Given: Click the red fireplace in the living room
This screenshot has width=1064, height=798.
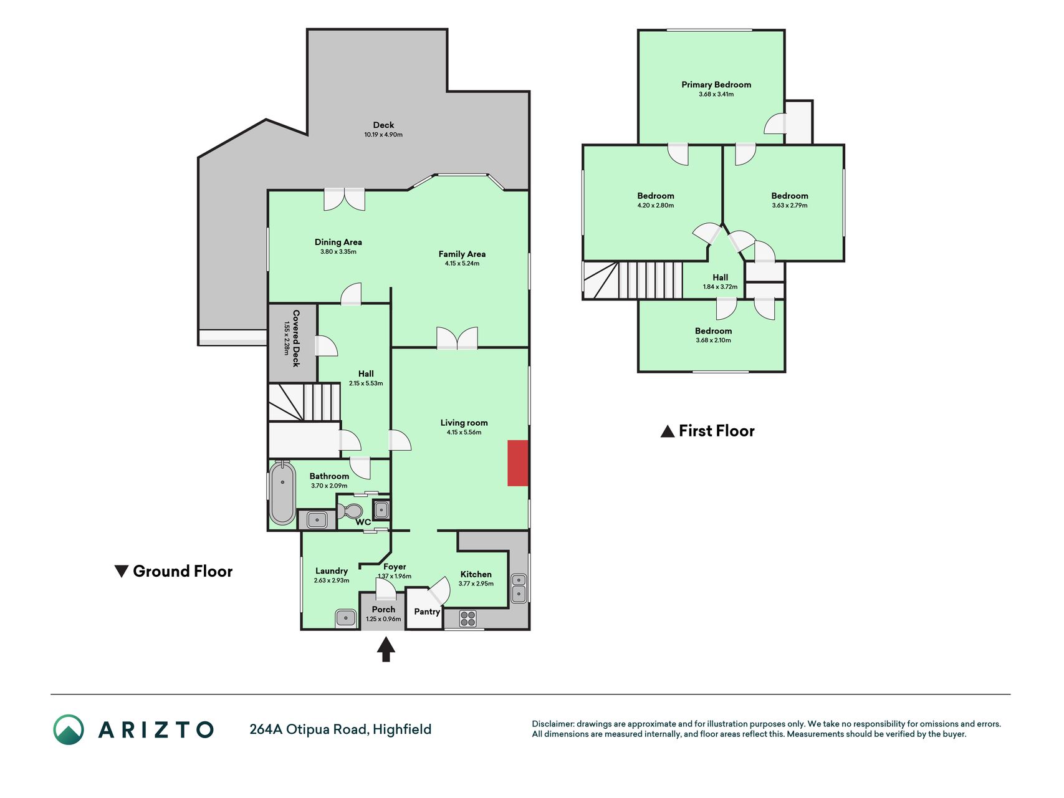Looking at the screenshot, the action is click(x=517, y=463).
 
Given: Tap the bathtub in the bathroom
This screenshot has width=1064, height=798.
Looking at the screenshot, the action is click(x=283, y=493).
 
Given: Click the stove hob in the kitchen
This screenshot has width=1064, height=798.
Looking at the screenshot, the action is click(x=468, y=618).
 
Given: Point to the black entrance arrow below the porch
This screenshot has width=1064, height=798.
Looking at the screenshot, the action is click(x=386, y=649).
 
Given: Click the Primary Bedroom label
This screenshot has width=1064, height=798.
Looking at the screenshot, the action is click(x=716, y=85).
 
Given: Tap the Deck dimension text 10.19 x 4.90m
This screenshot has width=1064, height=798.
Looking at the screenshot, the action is click(x=383, y=135).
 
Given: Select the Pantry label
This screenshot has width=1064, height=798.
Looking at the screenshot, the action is click(x=427, y=612).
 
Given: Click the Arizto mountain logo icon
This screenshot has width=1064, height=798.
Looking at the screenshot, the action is click(x=69, y=729).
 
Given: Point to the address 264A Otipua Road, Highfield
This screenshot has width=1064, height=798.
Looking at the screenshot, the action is click(x=340, y=729).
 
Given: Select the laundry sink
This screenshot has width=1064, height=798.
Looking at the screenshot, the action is click(x=346, y=618).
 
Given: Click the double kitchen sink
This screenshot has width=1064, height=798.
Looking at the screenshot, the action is click(x=519, y=588).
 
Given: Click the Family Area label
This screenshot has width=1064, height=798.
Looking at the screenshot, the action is click(x=462, y=254).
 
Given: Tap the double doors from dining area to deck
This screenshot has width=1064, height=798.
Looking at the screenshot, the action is click(x=344, y=199).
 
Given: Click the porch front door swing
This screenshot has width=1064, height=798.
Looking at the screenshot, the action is click(x=386, y=587).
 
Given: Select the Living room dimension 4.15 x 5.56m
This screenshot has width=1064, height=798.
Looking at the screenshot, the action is click(x=464, y=432).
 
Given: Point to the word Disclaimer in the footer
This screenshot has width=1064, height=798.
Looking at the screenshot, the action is click(x=552, y=724).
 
